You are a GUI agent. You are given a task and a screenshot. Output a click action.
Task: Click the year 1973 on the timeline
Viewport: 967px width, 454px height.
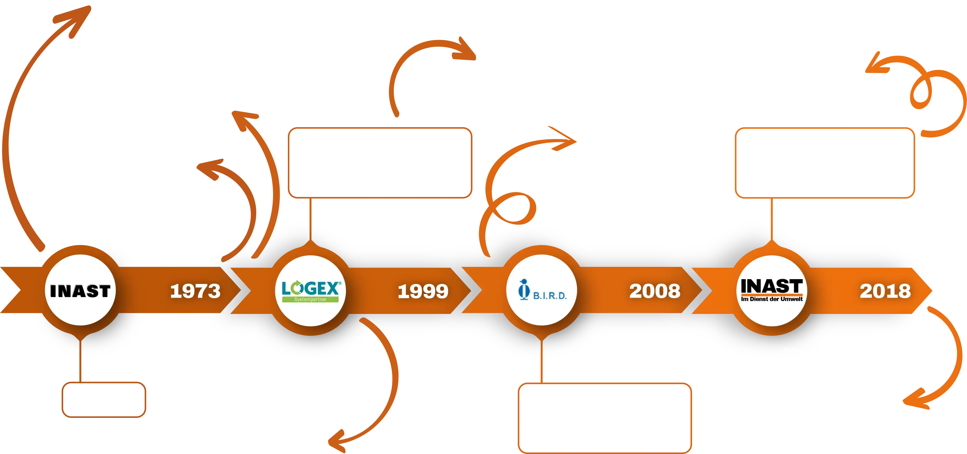point(195,291)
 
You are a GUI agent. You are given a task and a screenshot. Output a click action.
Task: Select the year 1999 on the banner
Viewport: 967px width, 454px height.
point(423,291)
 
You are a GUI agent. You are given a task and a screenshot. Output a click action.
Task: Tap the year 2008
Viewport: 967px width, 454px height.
point(655,291)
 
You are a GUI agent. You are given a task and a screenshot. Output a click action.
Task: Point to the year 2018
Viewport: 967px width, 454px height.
point(885,291)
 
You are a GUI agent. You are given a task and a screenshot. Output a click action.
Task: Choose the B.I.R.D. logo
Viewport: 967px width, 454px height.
point(542,290)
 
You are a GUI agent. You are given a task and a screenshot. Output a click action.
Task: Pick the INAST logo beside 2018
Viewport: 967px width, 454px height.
point(772,290)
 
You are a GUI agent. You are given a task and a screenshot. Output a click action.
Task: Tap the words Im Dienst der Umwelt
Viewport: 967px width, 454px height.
point(772,299)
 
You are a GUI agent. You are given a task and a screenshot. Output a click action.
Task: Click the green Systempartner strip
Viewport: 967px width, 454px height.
point(310,299)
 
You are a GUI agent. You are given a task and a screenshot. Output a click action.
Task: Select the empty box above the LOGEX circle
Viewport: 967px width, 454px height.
point(380,163)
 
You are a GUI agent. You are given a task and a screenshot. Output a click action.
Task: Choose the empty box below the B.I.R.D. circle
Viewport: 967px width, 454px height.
point(605,418)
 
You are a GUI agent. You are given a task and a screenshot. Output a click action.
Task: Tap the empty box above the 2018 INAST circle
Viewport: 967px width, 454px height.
point(825,163)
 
